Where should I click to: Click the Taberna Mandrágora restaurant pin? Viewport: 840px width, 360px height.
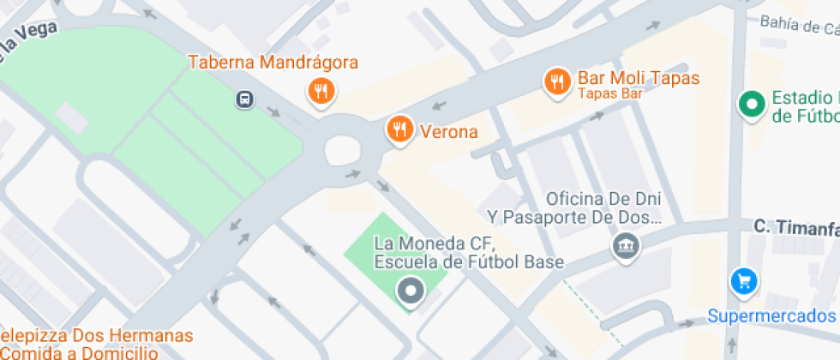tap(321, 90)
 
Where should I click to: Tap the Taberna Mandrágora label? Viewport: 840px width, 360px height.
tap(273, 63)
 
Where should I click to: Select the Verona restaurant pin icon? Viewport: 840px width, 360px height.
tap(399, 129)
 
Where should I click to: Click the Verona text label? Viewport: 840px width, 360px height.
tap(448, 132)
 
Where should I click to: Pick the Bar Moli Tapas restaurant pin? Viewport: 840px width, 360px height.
tap(558, 81)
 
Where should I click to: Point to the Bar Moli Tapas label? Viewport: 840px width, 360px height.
tap(639, 78)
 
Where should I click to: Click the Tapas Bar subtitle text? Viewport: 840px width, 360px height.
tap(609, 93)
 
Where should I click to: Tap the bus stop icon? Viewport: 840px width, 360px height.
tap(245, 100)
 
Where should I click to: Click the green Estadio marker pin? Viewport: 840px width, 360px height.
tap(752, 105)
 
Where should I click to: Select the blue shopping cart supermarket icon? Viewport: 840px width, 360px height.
tap(742, 280)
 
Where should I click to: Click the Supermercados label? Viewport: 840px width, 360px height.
tap(771, 316)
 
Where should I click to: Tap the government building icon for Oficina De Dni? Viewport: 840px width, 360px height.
tap(627, 247)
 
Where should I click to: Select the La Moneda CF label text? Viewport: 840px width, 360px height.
tap(469, 252)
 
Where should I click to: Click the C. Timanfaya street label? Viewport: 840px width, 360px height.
tap(795, 227)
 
